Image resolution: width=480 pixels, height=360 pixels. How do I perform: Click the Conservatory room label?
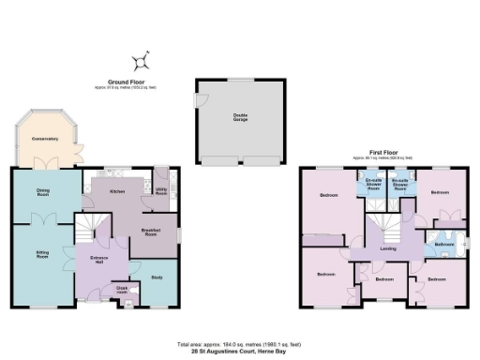click(44, 140)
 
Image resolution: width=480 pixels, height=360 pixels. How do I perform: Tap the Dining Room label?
click(42, 193)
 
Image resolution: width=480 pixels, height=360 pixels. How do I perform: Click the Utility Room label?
click(160, 191)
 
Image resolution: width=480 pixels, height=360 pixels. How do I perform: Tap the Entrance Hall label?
click(100, 259)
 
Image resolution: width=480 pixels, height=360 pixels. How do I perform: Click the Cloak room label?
click(121, 291)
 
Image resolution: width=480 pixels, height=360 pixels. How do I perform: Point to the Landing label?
click(387, 248)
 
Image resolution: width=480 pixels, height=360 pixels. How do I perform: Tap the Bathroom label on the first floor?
click(443, 245)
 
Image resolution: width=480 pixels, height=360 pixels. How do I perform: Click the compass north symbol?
click(141, 63)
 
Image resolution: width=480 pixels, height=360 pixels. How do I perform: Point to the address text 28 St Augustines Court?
click(240, 350)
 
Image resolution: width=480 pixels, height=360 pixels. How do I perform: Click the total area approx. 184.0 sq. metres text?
click(240, 343)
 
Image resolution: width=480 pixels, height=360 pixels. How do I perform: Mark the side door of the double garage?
click(196, 97)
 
